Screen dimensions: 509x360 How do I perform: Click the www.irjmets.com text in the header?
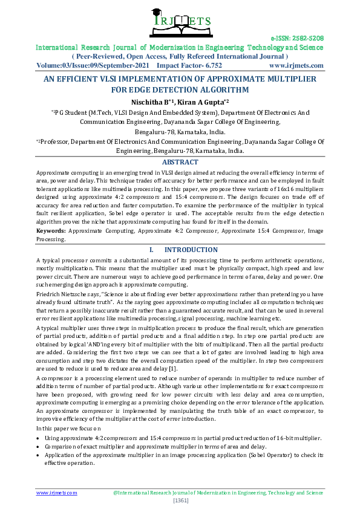click(296, 65)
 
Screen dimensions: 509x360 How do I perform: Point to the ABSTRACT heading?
click(180, 162)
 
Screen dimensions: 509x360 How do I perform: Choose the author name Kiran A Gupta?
click(203, 101)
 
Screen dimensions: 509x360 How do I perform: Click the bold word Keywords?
click(51, 231)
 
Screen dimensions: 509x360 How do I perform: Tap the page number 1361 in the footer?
click(180, 501)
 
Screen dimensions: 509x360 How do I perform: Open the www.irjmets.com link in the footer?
click(57, 493)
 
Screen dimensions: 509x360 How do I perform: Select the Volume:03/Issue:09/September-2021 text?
click(93, 65)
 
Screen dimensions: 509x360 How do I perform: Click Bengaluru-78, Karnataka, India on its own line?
click(180, 131)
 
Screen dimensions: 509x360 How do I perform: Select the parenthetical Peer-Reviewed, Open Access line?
click(180, 56)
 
